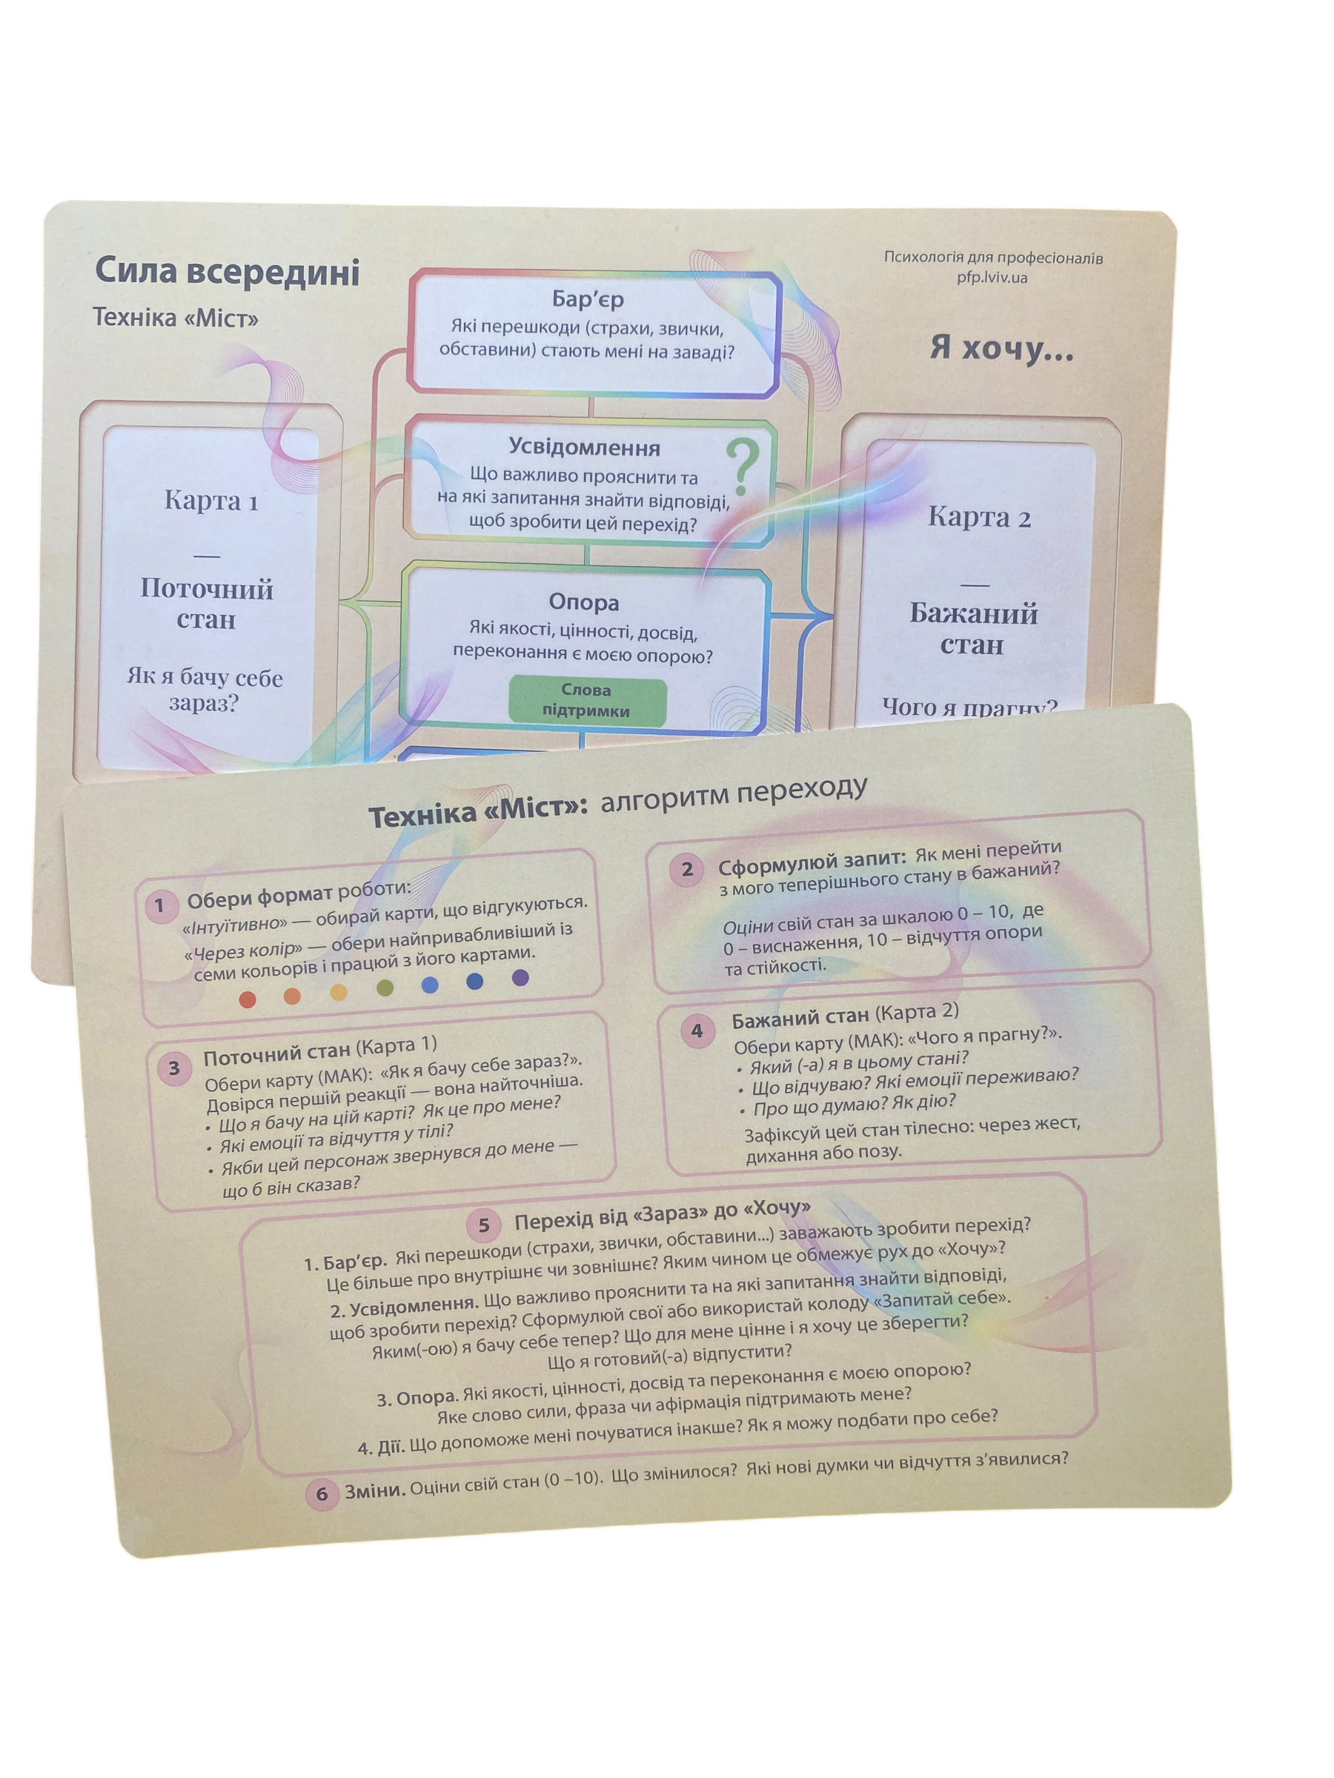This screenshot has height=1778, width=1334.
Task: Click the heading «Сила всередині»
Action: coord(227,271)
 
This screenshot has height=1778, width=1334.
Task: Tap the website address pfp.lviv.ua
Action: coord(992,277)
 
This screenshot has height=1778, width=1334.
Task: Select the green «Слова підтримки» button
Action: coord(587,700)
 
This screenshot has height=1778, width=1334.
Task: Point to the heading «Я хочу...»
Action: coord(1002,347)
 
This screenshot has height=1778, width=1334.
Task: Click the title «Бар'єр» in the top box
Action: coord(588,299)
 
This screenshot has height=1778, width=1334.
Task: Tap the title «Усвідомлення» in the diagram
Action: coord(585,447)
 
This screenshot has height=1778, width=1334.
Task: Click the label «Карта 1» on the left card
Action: coord(210,500)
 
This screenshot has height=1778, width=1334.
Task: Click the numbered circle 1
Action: coord(159,906)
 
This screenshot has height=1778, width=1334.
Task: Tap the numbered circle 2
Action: coord(687,869)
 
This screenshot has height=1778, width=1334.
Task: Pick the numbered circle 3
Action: coord(173,1069)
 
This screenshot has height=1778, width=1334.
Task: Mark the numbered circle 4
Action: coord(697,1030)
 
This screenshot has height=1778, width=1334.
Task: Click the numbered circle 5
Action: coord(483,1225)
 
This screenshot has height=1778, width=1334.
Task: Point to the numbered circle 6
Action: coord(322,1494)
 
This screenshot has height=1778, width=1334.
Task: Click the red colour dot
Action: coord(248,999)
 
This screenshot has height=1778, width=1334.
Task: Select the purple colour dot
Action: coord(520,977)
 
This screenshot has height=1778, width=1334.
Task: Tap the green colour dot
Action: coord(385,988)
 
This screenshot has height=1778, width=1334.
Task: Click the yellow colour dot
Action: coord(339,992)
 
